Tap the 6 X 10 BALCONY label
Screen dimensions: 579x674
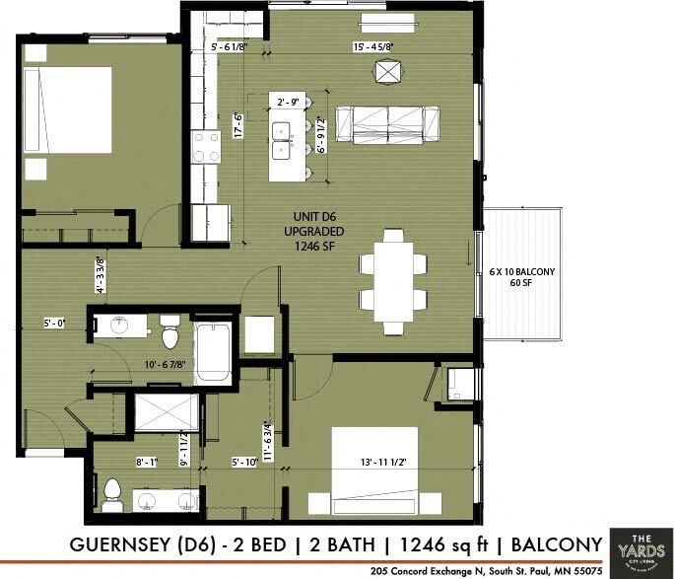pos(522,272)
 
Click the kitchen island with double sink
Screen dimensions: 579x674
pos(287,139)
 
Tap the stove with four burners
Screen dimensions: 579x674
pos(207,147)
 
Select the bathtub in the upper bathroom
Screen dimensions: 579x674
pos(212,353)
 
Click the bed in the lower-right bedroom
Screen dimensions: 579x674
pos(373,470)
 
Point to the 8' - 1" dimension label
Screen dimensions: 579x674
pos(148,461)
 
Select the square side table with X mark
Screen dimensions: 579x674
pos(388,71)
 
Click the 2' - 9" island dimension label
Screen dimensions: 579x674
pos(287,102)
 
